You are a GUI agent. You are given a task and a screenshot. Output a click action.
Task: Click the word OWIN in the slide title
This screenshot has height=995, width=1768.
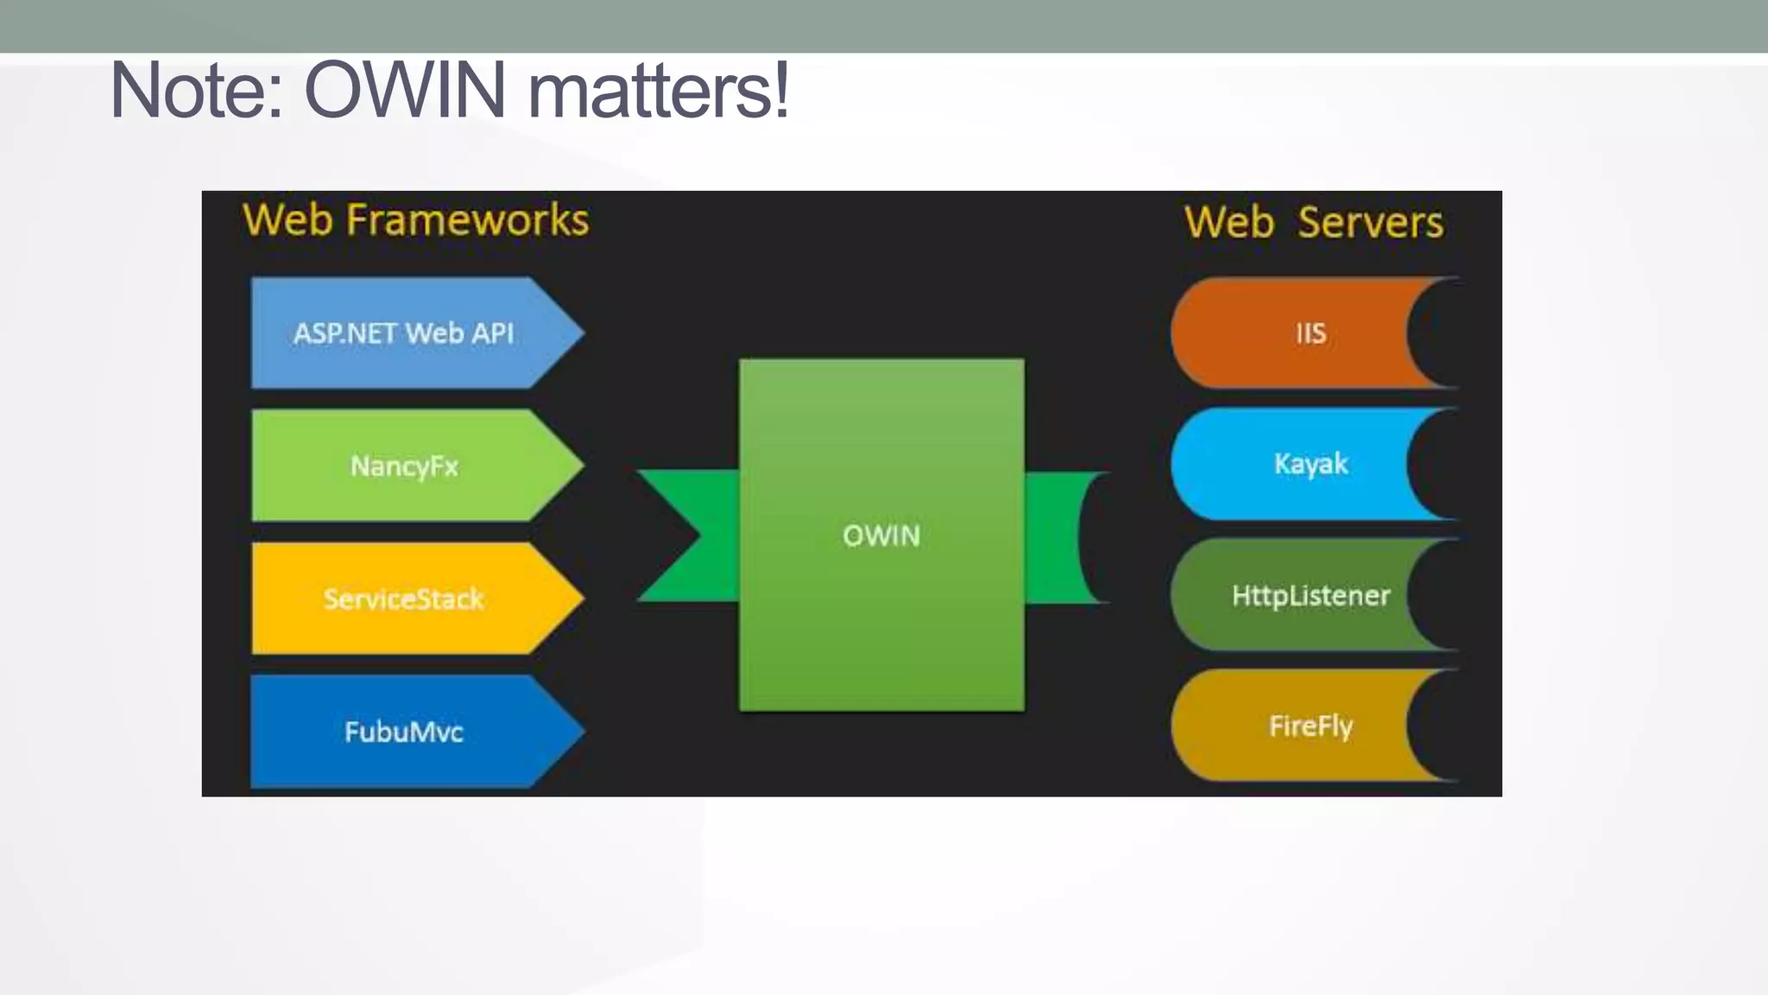405,91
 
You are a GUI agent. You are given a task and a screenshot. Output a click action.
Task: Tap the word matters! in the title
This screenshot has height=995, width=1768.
658,91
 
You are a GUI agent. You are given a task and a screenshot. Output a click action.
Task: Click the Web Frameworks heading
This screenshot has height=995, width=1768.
415,219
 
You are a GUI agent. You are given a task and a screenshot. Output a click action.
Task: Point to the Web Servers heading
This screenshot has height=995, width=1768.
1313,222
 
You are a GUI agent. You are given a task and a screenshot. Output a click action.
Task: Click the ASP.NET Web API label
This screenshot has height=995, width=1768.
403,333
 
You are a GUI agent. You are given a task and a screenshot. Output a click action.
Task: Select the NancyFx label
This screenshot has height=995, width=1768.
404,466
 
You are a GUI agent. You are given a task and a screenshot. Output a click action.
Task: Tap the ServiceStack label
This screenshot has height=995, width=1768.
403,599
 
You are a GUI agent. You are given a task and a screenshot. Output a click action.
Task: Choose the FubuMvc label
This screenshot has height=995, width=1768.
403,732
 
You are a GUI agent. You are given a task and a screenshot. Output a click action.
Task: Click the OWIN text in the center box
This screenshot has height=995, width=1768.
881,536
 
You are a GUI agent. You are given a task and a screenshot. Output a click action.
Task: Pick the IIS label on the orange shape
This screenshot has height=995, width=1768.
1310,333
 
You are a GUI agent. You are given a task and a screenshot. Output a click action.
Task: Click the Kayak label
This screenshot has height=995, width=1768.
1310,464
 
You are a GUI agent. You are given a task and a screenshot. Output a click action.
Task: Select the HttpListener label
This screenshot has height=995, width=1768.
1310,595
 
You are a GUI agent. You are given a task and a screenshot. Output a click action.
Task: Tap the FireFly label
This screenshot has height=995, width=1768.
1310,726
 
